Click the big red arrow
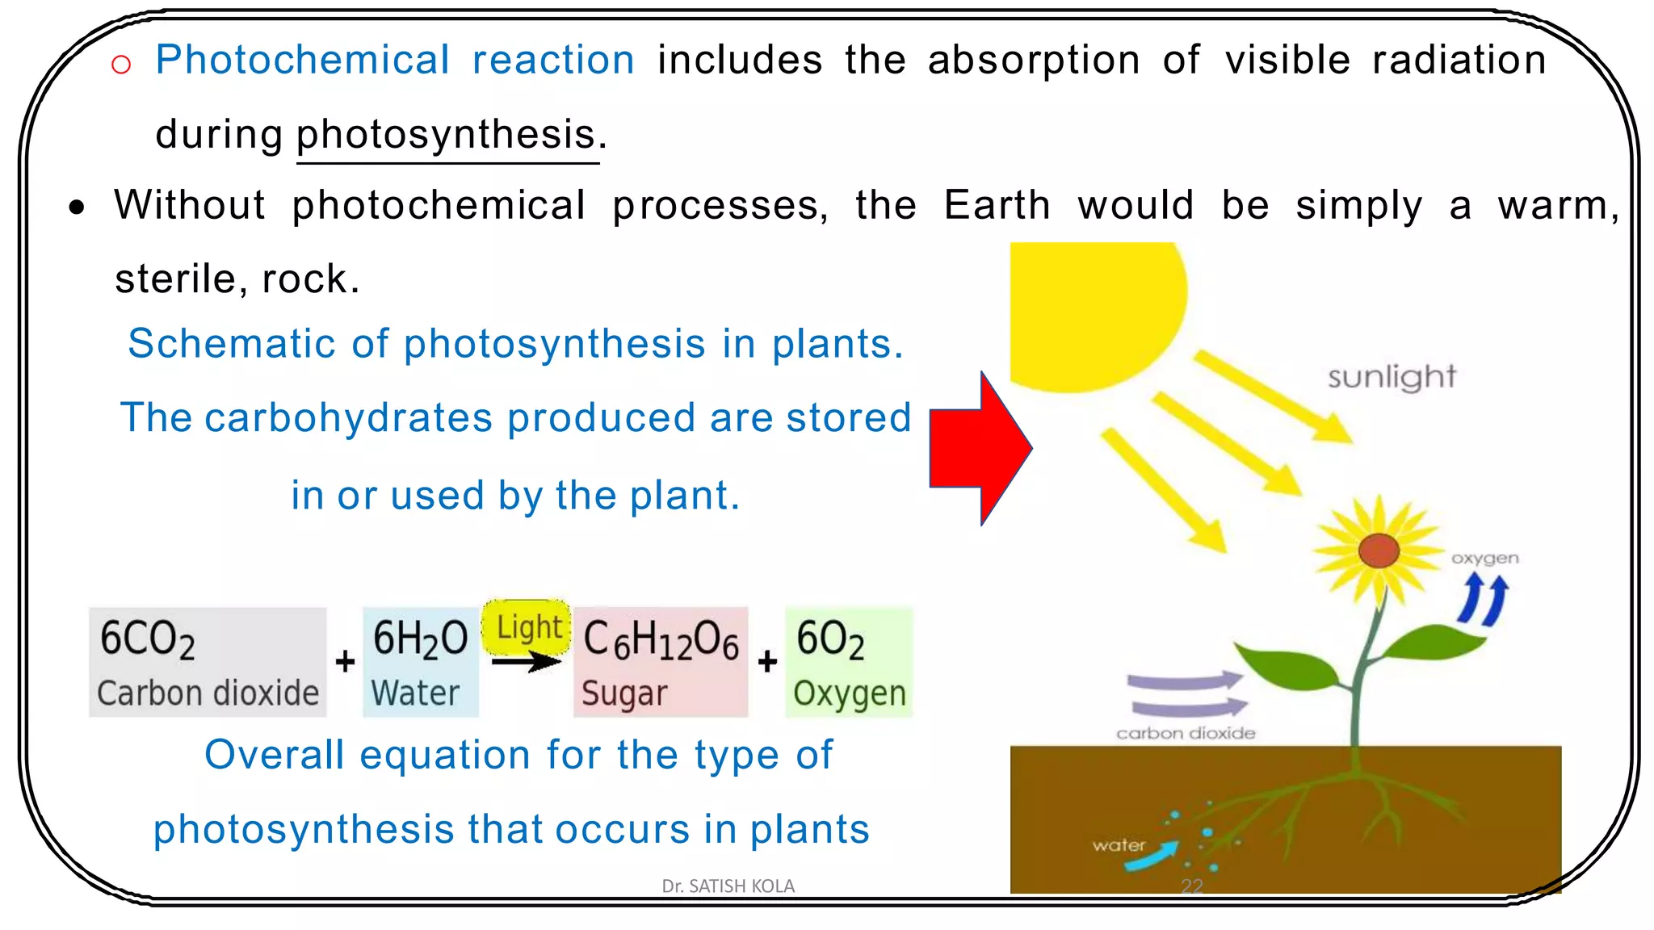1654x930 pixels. click(x=979, y=448)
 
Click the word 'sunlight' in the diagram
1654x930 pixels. click(x=1392, y=377)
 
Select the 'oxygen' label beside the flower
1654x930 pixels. click(x=1484, y=558)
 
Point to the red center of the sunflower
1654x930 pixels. click(x=1379, y=551)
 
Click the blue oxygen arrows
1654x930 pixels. click(x=1484, y=600)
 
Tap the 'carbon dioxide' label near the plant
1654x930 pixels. click(x=1186, y=733)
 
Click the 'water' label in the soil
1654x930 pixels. click(x=1119, y=845)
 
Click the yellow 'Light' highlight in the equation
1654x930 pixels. click(x=527, y=626)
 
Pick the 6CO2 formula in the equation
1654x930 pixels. click(x=148, y=639)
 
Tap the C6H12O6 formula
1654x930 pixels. click(x=661, y=639)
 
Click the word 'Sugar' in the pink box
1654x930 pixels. click(x=624, y=693)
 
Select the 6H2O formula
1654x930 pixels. click(x=420, y=639)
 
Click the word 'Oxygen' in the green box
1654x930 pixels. click(x=849, y=693)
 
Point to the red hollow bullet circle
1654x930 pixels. click(x=121, y=64)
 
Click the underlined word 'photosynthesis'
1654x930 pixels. click(x=447, y=134)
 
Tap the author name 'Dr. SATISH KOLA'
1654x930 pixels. click(x=728, y=886)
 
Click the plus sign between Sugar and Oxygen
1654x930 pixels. click(x=767, y=662)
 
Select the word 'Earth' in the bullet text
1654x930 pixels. click(x=997, y=205)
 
